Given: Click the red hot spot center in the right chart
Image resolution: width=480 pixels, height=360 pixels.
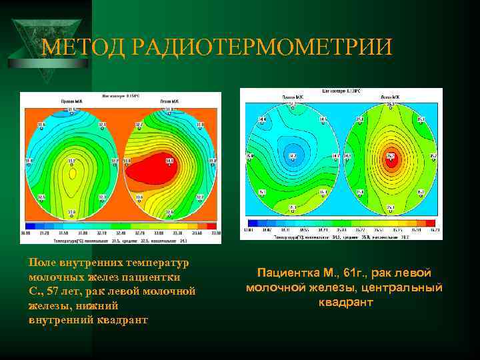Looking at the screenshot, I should [x=391, y=159].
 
